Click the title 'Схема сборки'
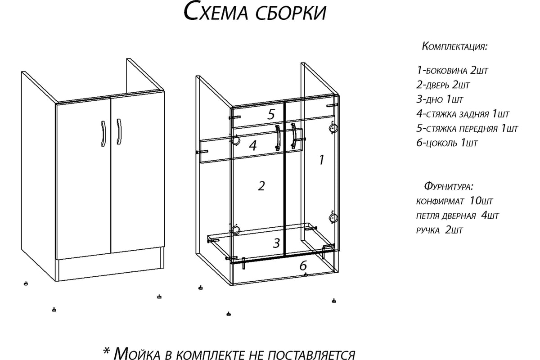[255, 12]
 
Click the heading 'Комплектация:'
[454, 46]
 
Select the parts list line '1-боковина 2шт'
[452, 70]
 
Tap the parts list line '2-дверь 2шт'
[443, 85]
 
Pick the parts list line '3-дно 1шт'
[440, 99]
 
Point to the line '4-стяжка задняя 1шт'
[463, 114]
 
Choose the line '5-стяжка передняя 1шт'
[467, 128]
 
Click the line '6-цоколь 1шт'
[447, 143]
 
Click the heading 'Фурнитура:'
[449, 186]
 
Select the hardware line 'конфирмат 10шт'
[454, 201]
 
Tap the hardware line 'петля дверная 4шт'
[457, 215]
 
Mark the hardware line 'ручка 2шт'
[440, 230]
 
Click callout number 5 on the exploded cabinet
[271, 114]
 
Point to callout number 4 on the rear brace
[253, 145]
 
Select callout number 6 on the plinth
[303, 265]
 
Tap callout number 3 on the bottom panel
[276, 243]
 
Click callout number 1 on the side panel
[322, 160]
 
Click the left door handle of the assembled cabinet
[103, 134]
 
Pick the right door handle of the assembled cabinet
[119, 132]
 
